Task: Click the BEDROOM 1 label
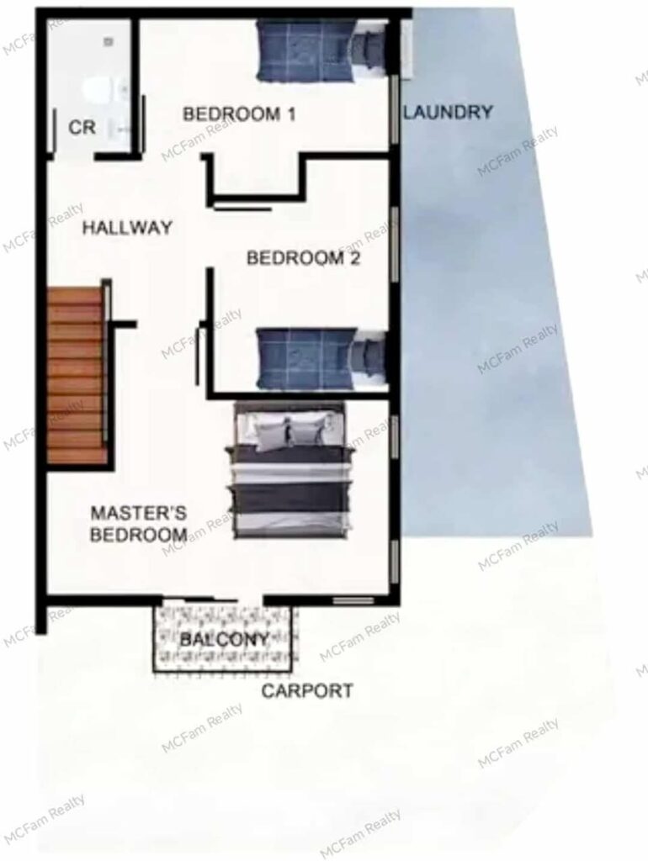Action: click(x=239, y=114)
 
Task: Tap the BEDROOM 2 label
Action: click(x=304, y=257)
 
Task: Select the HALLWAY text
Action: click(x=128, y=227)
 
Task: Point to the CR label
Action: click(x=82, y=128)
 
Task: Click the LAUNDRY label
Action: click(x=449, y=112)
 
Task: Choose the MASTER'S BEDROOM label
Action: click(x=139, y=524)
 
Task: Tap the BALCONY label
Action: click(x=224, y=639)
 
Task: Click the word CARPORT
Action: click(x=306, y=690)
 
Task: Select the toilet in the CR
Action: click(x=98, y=91)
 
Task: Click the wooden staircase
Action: click(x=77, y=375)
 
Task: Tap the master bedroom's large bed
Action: click(x=290, y=469)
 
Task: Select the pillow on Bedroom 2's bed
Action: click(x=367, y=357)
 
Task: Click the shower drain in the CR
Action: click(x=109, y=41)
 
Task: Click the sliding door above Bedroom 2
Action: click(x=242, y=209)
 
